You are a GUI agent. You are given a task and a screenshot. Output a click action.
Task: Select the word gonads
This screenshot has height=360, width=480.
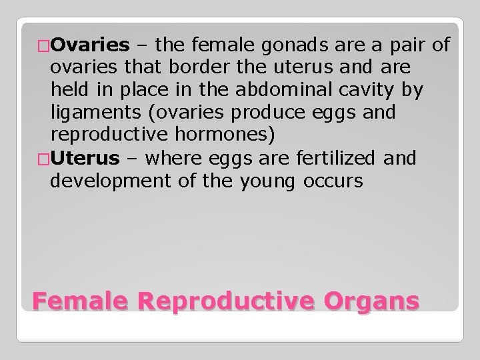(297, 45)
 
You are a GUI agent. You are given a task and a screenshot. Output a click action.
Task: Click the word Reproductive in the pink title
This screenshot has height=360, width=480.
(229, 301)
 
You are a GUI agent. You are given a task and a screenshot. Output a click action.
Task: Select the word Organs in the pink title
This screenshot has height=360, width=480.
(373, 301)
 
